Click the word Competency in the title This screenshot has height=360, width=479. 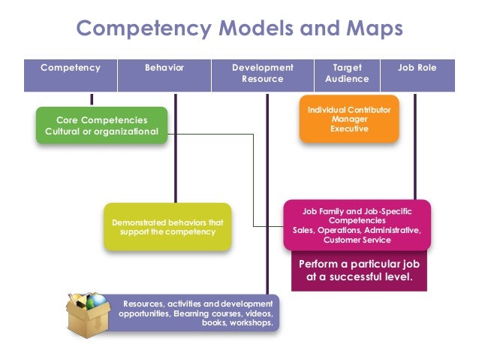click(134, 29)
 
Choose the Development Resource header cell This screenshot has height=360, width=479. click(263, 74)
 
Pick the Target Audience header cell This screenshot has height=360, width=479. click(347, 74)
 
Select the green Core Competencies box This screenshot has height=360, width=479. click(101, 126)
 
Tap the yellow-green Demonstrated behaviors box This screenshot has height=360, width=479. click(167, 227)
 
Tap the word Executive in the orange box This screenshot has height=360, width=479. click(350, 129)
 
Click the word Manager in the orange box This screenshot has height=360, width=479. click(350, 119)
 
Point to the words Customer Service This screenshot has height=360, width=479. click(357, 241)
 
